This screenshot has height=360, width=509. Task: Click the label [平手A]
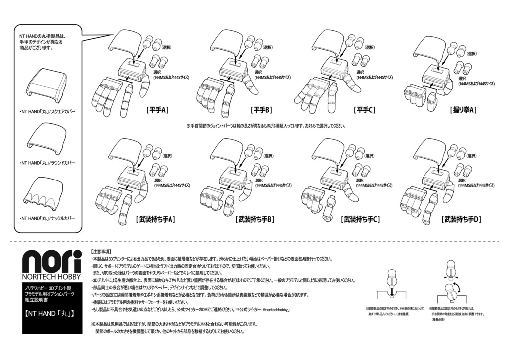(158, 110)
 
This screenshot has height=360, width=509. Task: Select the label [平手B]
(261, 110)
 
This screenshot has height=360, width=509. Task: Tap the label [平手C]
(364, 110)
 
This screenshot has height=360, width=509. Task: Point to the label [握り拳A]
(463, 110)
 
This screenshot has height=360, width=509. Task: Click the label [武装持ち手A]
(156, 219)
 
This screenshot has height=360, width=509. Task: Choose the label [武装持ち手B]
(255, 219)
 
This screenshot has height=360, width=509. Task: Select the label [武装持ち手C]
(361, 219)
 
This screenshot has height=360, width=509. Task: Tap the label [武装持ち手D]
(462, 219)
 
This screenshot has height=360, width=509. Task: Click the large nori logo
(52, 261)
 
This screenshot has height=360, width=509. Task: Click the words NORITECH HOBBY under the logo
(52, 277)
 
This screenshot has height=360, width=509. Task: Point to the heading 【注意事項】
(101, 252)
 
